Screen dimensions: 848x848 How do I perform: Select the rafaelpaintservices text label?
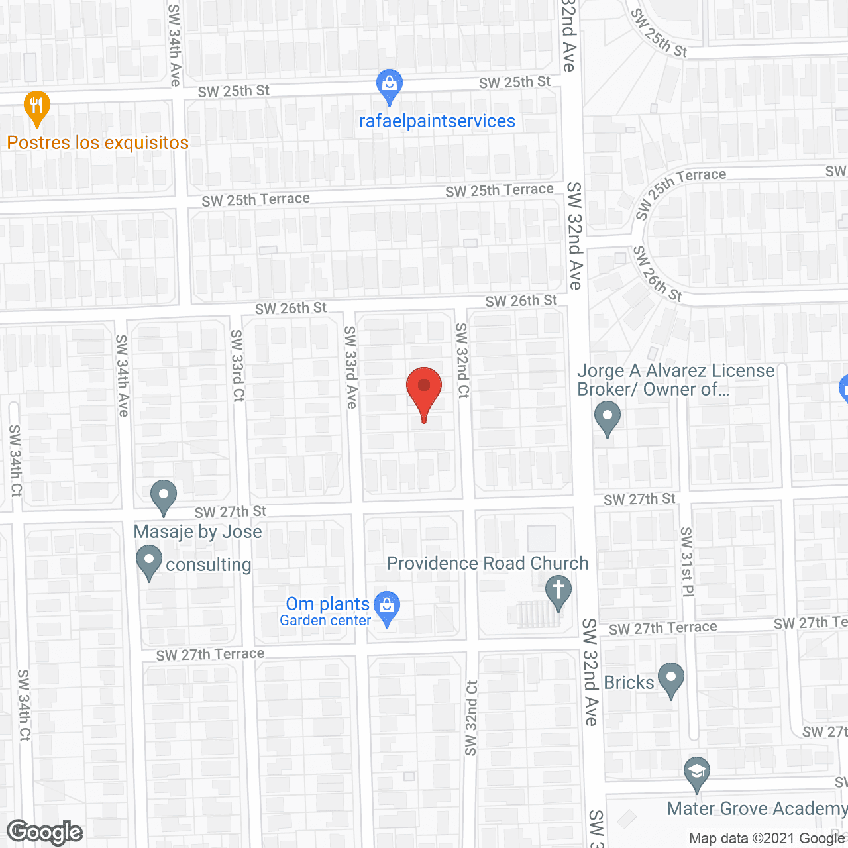tap(437, 121)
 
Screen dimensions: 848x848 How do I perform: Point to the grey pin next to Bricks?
tap(671, 679)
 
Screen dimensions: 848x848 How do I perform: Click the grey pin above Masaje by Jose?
tap(163, 496)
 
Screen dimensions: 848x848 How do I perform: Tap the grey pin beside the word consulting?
tap(149, 561)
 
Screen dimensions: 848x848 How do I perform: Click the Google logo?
tap(45, 832)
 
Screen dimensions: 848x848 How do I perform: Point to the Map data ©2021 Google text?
tap(767, 838)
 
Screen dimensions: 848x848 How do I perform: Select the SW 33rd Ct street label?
tap(238, 365)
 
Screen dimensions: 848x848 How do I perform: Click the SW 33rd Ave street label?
tap(350, 367)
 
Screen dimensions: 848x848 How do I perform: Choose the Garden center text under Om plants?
tap(325, 621)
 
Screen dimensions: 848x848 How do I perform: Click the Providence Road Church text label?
tap(488, 563)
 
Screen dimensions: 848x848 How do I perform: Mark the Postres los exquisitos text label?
tap(98, 142)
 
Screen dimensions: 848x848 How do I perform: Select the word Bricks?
tap(629, 682)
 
